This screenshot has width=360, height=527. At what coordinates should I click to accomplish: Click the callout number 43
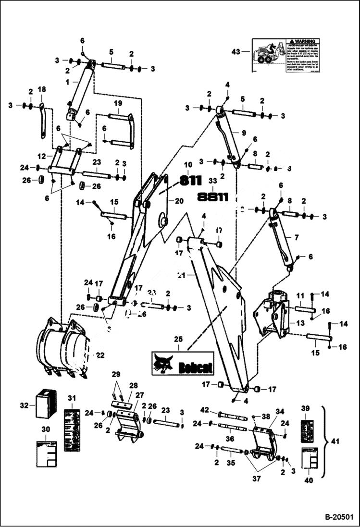236,51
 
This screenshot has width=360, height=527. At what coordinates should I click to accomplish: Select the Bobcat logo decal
183,363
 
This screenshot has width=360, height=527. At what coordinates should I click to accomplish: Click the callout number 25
178,340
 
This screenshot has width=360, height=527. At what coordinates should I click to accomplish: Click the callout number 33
213,181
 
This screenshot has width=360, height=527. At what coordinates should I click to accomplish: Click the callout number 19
118,103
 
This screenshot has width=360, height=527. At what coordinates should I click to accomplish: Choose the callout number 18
42,89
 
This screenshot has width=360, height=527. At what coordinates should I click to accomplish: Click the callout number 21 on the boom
181,275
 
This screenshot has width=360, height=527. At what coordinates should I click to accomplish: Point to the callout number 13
300,323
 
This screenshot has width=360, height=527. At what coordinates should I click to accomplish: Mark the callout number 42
204,410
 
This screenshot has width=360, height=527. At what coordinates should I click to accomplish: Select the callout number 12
42,156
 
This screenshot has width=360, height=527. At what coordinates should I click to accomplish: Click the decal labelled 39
307,428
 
